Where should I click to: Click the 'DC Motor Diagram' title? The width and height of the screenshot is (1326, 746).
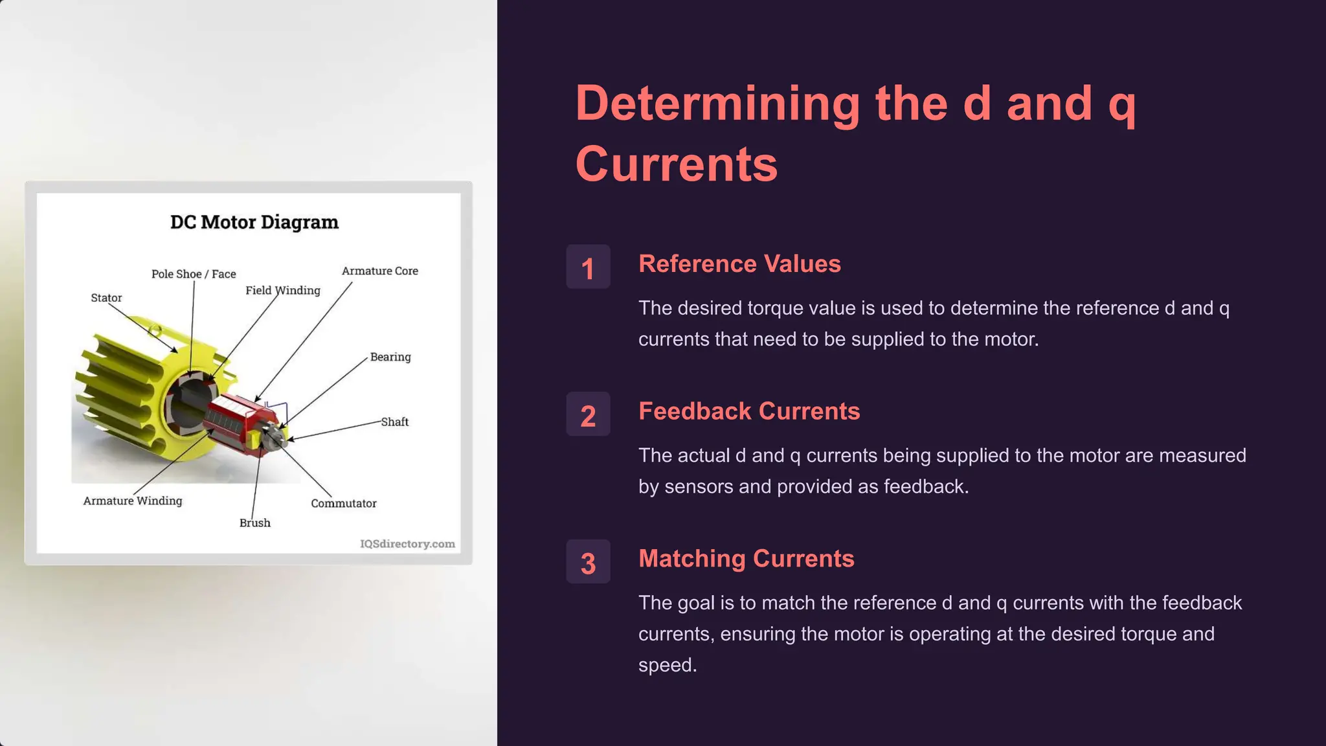tap(254, 222)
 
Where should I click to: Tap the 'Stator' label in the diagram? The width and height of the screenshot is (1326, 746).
tap(106, 298)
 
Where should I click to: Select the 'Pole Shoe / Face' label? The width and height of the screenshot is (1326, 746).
tap(194, 274)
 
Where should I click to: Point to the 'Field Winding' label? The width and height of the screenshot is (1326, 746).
tap(282, 290)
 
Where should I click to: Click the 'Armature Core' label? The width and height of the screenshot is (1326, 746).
tap(379, 271)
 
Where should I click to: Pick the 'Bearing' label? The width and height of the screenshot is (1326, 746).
tap(390, 357)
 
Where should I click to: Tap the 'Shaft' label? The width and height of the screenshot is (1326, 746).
tap(394, 422)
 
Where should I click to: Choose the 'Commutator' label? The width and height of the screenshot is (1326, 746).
tap(343, 503)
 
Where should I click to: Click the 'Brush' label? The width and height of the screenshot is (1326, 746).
tap(254, 523)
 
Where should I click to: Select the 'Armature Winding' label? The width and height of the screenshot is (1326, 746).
tap(133, 501)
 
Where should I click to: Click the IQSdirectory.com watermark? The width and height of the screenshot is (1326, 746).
tap(407, 544)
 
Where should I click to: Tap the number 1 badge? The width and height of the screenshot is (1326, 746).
tap(588, 267)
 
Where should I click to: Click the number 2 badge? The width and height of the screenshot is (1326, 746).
tap(588, 414)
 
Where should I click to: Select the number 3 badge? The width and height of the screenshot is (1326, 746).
tap(588, 562)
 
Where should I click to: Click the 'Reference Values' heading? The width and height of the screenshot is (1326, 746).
tap(739, 264)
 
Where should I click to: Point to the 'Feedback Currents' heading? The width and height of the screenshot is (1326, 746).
tap(749, 411)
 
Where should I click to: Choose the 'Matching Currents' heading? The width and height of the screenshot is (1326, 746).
tap(746, 559)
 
